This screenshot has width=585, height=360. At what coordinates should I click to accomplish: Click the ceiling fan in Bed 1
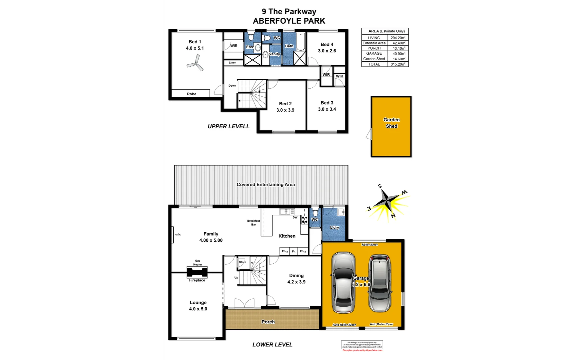pos(195,64)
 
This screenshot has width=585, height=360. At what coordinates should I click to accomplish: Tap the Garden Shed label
pos(391,123)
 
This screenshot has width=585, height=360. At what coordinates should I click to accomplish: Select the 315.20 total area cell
pos(398,64)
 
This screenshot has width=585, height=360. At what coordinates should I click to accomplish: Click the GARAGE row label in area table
pos(374,53)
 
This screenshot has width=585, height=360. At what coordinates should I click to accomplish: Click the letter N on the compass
pos(393,216)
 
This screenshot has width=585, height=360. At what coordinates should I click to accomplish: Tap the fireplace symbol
pos(197,272)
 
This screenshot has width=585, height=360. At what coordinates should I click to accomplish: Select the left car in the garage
pos(343,282)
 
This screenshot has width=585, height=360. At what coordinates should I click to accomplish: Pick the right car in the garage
pos(379,283)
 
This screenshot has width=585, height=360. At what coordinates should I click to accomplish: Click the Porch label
pos(268,322)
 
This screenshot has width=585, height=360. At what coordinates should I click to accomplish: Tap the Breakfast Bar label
pos(254,223)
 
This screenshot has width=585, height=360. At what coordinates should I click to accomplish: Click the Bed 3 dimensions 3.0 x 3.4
pos(327,109)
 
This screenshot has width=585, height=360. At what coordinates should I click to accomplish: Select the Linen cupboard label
pos(233,63)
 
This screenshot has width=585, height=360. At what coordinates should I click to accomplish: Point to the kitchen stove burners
pos(304,219)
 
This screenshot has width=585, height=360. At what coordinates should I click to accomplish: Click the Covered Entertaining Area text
pos(266,184)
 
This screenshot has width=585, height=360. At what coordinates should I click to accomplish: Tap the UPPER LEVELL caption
pos(229,126)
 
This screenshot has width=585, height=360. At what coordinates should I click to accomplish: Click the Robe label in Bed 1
pos(192,94)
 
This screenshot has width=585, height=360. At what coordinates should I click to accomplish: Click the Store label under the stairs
pos(243,262)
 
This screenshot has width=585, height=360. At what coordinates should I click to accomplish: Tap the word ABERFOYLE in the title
pos(276,21)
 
